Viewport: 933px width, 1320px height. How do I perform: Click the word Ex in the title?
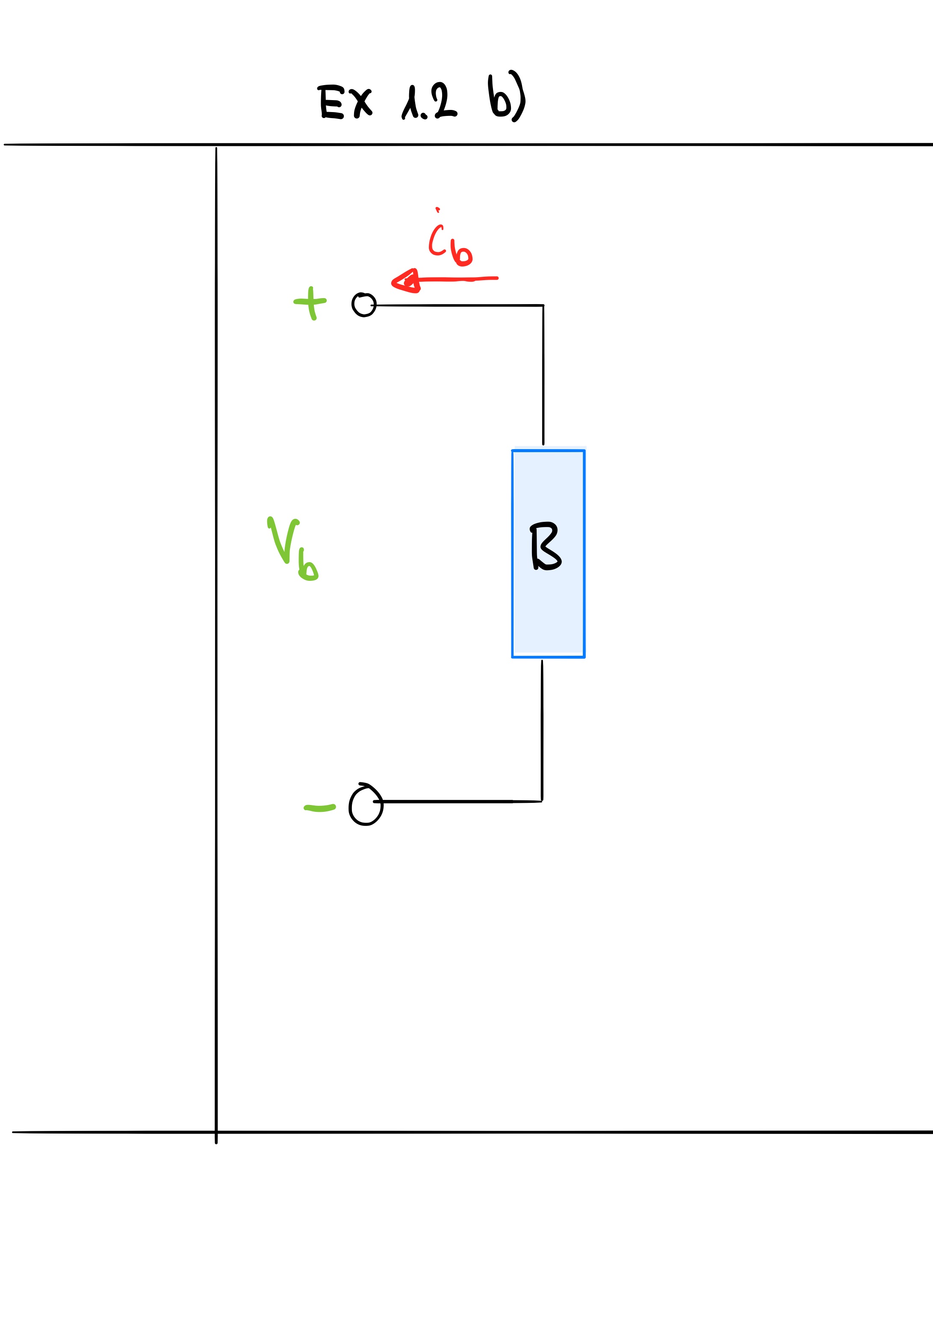pos(345,102)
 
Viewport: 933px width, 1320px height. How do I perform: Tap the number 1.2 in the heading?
pos(429,101)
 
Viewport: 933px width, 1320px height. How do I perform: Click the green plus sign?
pos(310,303)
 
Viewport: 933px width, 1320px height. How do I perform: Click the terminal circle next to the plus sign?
pos(364,305)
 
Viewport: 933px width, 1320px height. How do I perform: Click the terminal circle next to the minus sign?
pos(366,804)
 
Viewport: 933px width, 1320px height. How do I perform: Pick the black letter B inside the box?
pos(545,546)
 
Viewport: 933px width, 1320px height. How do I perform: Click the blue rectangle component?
pos(549,553)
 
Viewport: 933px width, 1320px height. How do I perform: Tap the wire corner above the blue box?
pos(543,305)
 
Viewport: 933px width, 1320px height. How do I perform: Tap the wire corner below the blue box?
pos(542,801)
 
